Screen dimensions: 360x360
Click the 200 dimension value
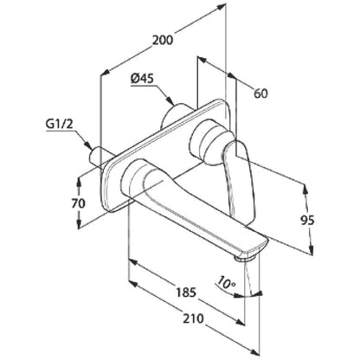(163, 40)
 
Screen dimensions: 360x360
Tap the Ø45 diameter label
(142, 79)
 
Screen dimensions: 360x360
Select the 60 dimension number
(260, 93)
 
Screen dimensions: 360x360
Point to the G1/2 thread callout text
(60, 125)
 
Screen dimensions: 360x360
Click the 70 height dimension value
(79, 203)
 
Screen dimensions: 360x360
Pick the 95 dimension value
(307, 221)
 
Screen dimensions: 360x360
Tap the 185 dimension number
(185, 292)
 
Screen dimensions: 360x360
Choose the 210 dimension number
(193, 318)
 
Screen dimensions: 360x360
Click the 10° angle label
(227, 282)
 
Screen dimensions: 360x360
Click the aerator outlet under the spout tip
(245, 258)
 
